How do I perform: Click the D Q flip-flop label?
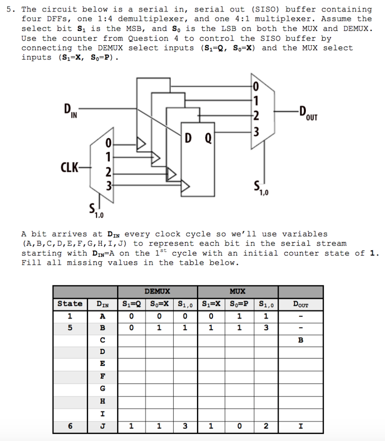[x=198, y=138]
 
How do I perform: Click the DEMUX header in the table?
[x=157, y=292]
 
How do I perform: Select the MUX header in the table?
[x=237, y=292]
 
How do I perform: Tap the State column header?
[x=70, y=304]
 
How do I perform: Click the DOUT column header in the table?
[x=300, y=304]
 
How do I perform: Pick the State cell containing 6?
[x=70, y=426]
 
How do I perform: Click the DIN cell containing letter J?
[x=102, y=426]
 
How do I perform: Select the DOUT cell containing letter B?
[x=301, y=340]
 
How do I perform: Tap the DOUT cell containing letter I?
[x=301, y=426]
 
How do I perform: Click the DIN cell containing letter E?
[x=102, y=364]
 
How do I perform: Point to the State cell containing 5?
[x=70, y=328]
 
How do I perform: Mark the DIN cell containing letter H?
[x=102, y=401]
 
